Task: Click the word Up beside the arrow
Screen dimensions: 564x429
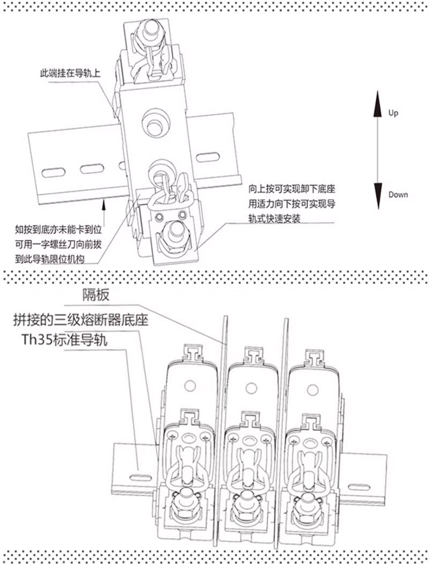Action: pos(393,114)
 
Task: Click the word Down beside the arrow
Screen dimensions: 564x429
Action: pos(397,195)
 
